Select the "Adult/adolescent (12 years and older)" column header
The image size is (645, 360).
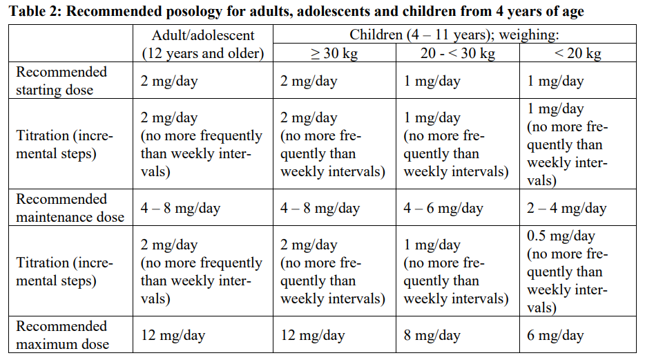click(202, 44)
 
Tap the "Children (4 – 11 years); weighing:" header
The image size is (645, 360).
click(454, 35)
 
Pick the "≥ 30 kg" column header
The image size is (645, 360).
click(334, 53)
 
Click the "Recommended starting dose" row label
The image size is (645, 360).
click(61, 81)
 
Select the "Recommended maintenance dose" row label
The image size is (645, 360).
click(70, 208)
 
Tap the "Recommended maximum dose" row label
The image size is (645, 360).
click(62, 335)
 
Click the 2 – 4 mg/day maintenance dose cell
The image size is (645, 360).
click(566, 208)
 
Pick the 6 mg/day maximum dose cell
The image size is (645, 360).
click(555, 336)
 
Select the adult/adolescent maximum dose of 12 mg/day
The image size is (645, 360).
click(173, 336)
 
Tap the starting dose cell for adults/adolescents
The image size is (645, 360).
click(169, 82)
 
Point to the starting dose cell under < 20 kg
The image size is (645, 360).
click(555, 82)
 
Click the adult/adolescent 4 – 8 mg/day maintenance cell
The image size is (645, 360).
click(180, 208)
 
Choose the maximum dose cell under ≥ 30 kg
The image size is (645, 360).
click(312, 336)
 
